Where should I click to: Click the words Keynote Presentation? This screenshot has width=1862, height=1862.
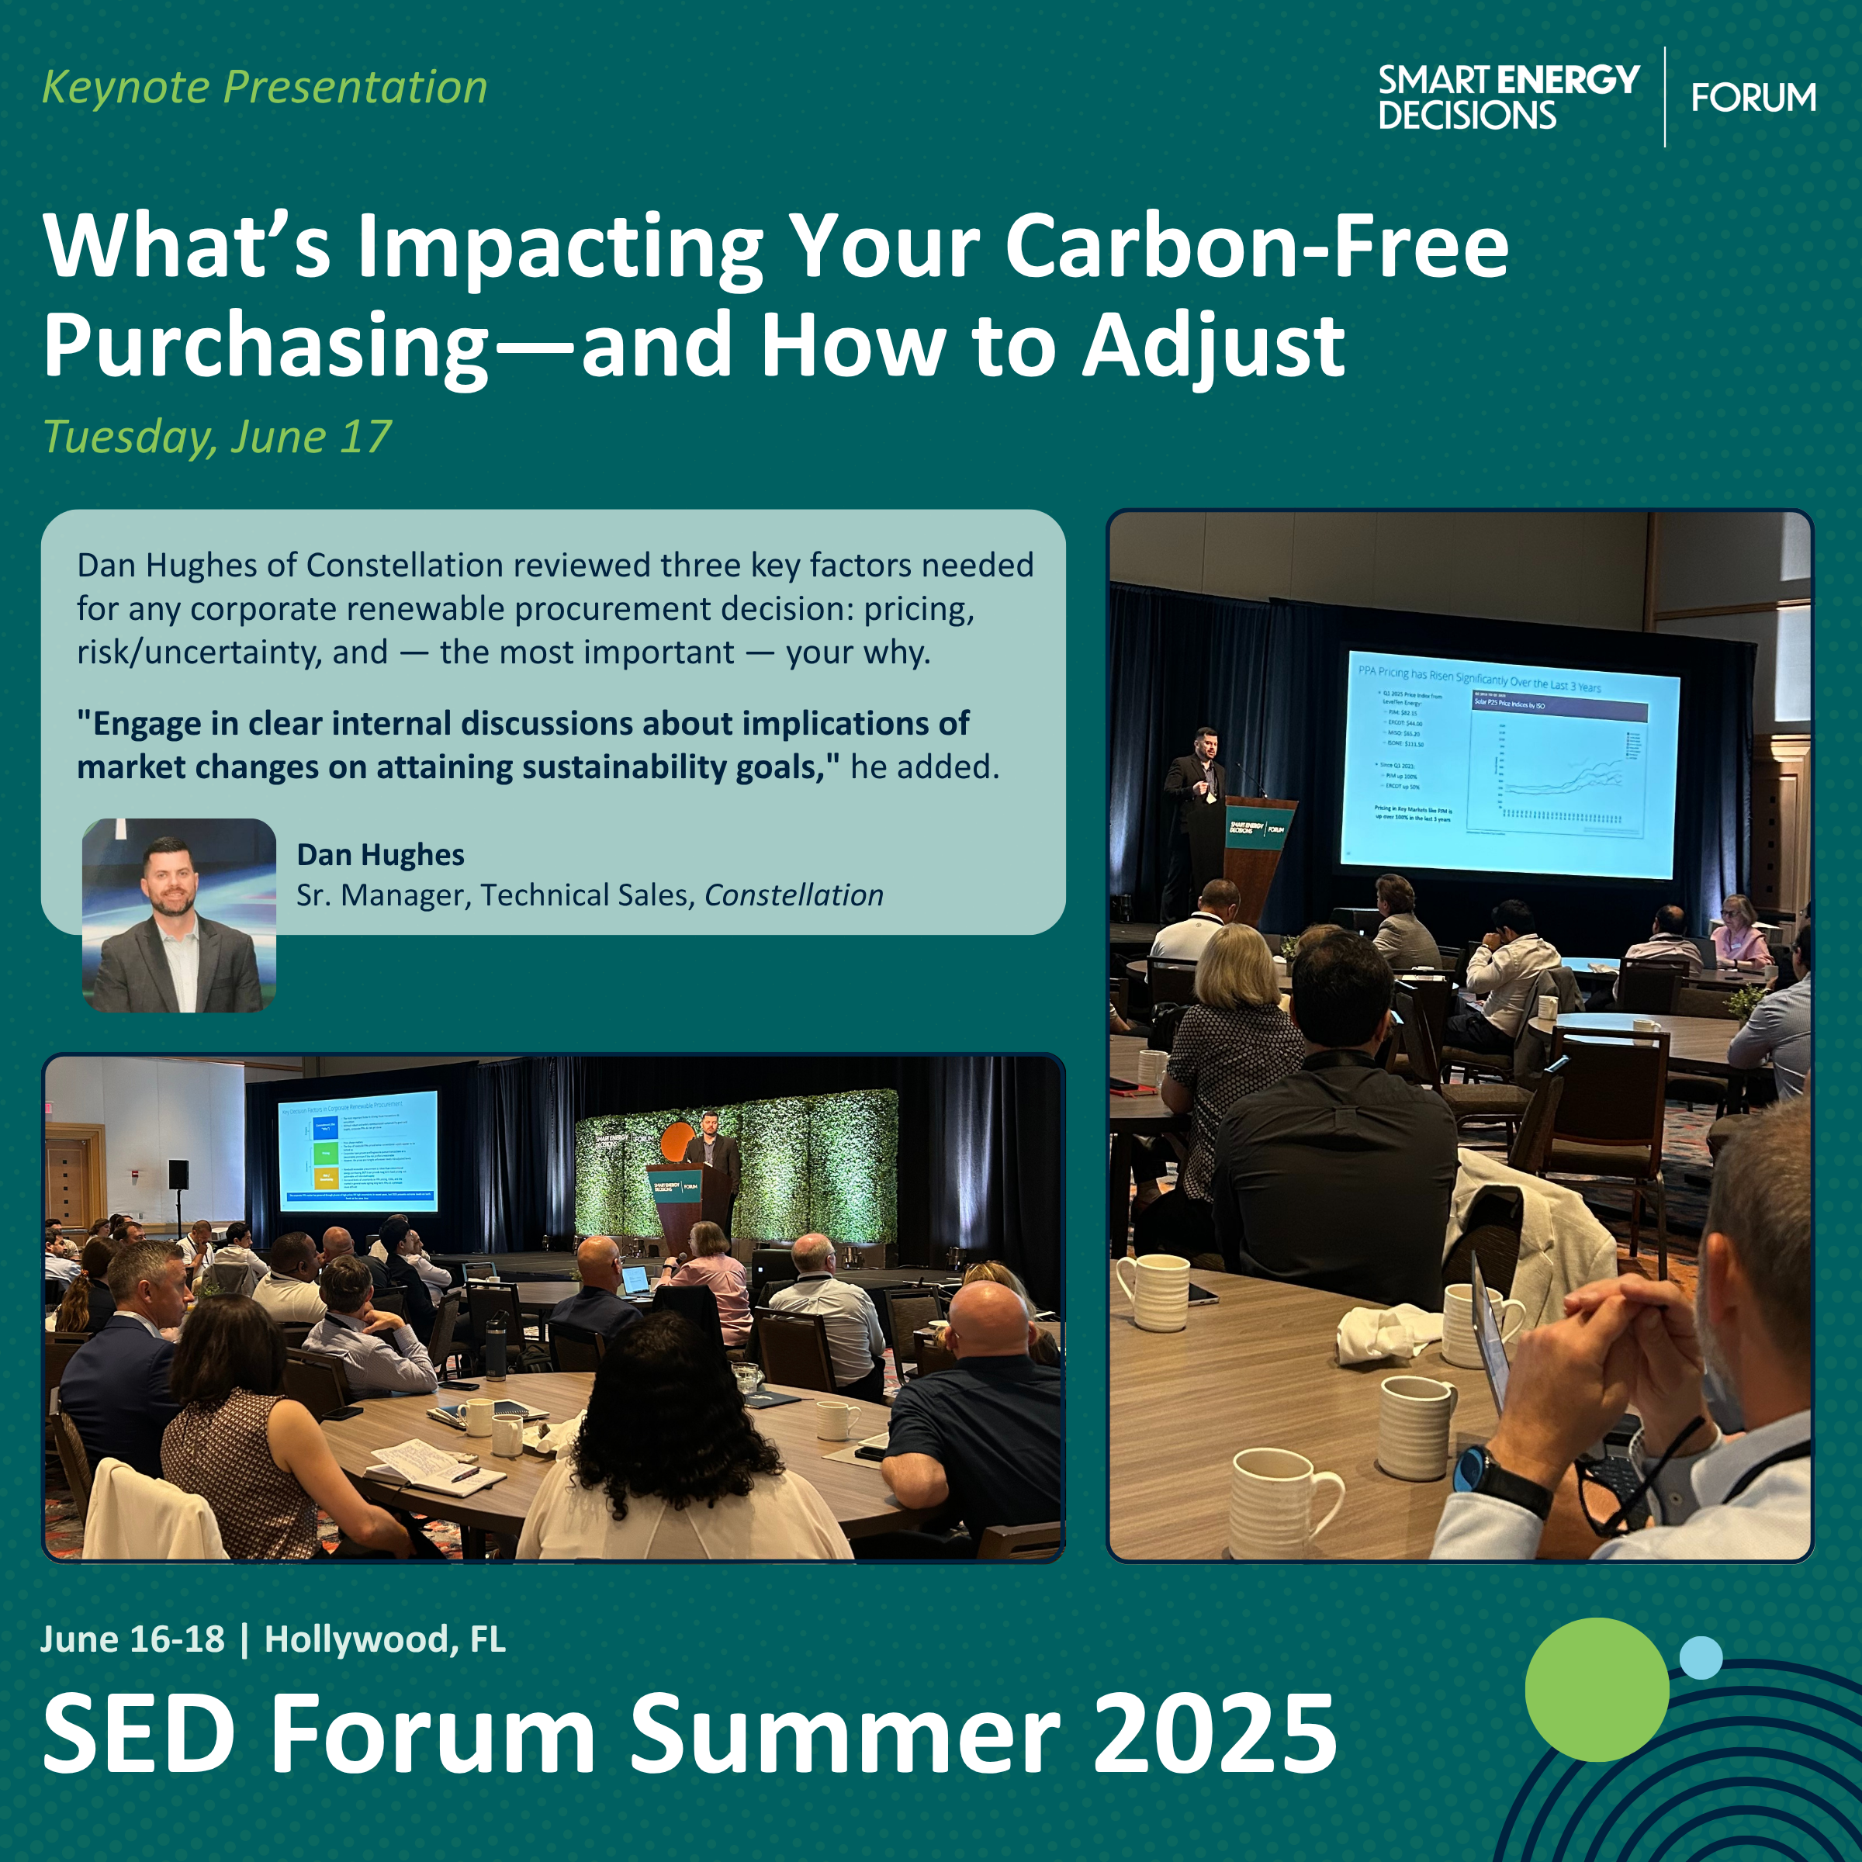click(x=265, y=88)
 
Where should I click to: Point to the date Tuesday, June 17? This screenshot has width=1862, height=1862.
click(x=218, y=437)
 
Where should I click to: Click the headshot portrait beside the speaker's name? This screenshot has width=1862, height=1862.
click(x=179, y=915)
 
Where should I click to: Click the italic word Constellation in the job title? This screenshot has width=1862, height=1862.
click(x=793, y=895)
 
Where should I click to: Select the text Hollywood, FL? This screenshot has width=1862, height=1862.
click(x=385, y=1639)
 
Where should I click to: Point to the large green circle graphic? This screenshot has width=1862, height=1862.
click(x=1596, y=1688)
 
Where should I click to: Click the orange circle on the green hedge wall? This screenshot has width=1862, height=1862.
click(x=677, y=1140)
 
